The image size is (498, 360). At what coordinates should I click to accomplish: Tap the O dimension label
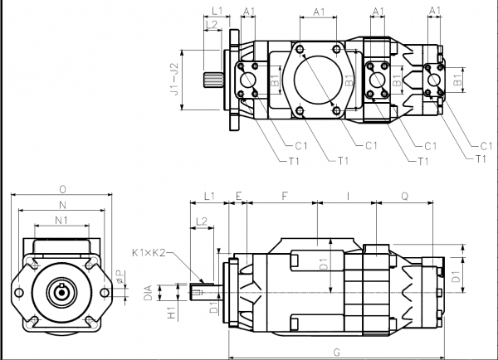click(62, 188)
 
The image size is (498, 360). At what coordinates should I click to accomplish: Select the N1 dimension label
click(61, 220)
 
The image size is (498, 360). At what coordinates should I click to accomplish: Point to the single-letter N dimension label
click(62, 205)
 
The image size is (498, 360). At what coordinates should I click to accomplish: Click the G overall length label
click(335, 352)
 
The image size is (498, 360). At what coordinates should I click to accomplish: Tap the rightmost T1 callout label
click(481, 158)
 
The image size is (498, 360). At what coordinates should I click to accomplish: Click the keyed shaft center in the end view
click(62, 292)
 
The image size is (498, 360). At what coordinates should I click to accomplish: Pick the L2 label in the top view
click(212, 25)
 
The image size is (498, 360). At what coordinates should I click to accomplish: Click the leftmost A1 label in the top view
click(248, 11)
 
